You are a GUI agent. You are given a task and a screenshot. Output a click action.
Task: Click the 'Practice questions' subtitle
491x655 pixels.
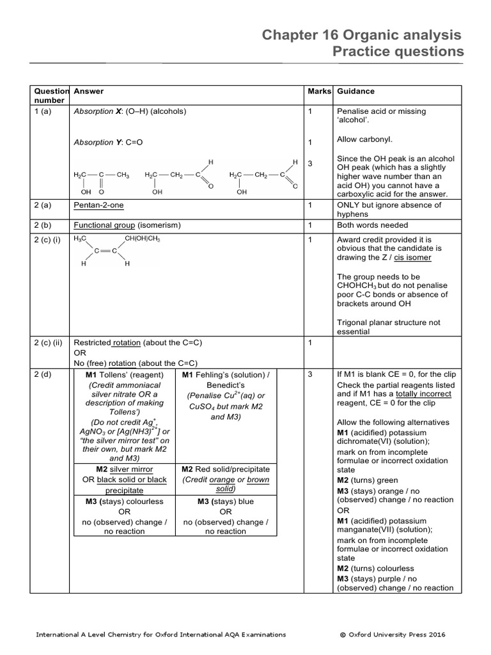coord(398,52)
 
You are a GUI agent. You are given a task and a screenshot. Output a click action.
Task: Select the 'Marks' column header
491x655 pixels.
coord(319,91)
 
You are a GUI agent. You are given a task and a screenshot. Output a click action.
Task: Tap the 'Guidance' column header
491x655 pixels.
coord(355,91)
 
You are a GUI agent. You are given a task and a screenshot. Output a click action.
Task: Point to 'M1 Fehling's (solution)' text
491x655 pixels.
coord(226,374)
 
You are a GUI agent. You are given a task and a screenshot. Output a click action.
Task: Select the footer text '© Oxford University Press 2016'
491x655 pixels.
coord(393,635)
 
